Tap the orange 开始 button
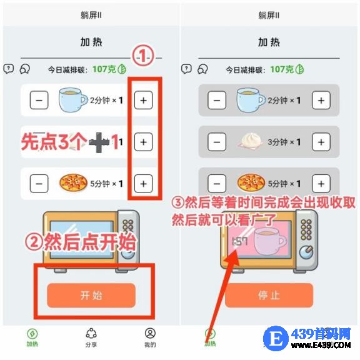click(91, 295)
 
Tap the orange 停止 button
click(269, 295)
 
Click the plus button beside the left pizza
click(143, 184)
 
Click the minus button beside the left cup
click(39, 100)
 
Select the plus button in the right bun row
click(321, 142)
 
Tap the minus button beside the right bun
click(217, 142)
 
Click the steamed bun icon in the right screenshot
click(251, 141)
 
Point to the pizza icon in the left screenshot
click(73, 182)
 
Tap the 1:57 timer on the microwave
click(240, 241)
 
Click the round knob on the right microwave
click(306, 252)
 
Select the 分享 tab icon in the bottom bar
click(91, 333)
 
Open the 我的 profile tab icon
click(150, 333)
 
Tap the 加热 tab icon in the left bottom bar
click(32, 334)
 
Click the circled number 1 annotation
click(142, 56)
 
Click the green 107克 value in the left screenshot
click(104, 69)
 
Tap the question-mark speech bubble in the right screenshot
click(186, 69)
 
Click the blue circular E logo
click(276, 338)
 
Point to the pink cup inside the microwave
click(271, 241)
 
